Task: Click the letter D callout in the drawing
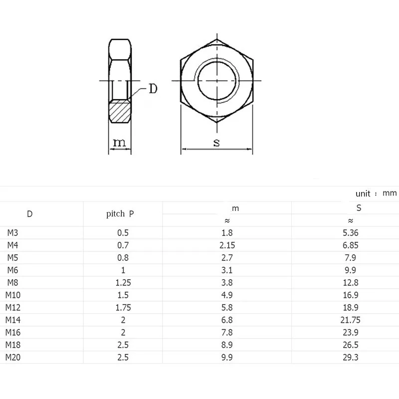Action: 153,89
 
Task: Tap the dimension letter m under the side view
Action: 119,143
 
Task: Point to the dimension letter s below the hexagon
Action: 216,143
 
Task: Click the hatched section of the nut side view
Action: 119,112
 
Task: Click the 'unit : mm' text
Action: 376,194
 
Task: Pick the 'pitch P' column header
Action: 120,214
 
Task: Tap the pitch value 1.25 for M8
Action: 123,282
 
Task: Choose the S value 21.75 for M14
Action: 350,320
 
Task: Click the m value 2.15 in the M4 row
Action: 227,245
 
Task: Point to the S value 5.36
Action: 350,232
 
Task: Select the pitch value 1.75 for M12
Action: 123,307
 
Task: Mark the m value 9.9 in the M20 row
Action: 227,357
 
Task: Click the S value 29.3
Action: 350,357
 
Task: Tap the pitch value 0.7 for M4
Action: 123,245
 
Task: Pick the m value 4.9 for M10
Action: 227,295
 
